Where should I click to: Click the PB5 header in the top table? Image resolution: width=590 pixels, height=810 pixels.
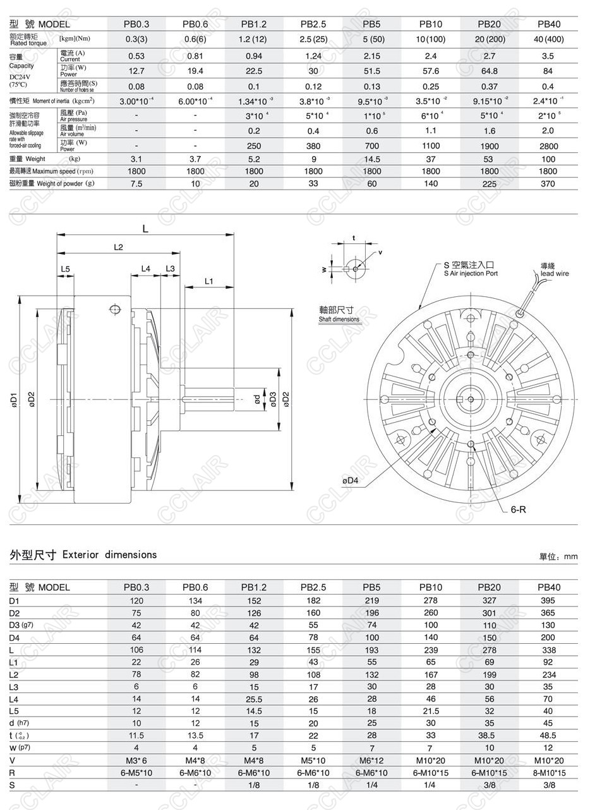point(371,25)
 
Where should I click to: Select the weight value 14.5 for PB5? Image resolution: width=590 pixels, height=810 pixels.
point(371,159)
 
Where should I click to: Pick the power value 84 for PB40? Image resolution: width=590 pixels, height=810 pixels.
point(548,70)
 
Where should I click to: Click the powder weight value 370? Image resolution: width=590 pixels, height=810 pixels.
point(548,184)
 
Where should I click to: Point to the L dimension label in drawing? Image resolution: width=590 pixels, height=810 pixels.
point(145,229)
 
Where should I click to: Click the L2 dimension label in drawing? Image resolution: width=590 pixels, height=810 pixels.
point(118,247)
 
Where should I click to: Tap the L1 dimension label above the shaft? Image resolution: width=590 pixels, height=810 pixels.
point(209,281)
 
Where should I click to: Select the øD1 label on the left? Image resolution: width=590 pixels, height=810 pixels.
point(13,399)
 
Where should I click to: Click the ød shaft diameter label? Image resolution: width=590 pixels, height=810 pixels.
point(256,400)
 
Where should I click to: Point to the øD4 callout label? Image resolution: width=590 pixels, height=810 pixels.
point(350,481)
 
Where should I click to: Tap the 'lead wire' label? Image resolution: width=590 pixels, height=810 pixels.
point(554,274)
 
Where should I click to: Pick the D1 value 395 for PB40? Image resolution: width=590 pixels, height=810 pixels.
point(547,600)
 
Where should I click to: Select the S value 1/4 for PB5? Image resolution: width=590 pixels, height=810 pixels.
point(371,785)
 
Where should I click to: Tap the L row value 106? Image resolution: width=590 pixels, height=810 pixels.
point(136,650)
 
